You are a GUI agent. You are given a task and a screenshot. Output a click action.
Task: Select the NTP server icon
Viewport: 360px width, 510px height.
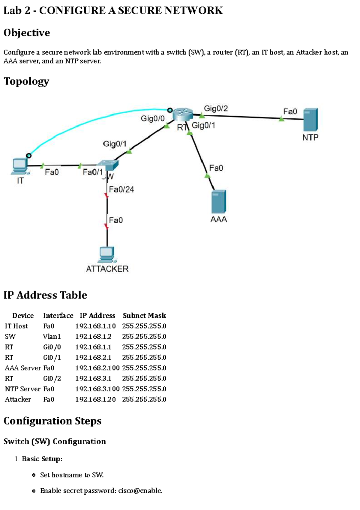coord(310,120)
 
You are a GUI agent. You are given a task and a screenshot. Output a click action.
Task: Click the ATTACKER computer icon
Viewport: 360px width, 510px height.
coord(107,255)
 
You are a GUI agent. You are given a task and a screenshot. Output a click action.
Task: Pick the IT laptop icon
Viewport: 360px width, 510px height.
coord(20,166)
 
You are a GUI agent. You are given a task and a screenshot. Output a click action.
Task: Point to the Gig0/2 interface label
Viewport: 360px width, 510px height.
coord(216,108)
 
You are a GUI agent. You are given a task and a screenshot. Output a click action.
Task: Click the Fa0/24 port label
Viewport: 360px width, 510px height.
coord(121,189)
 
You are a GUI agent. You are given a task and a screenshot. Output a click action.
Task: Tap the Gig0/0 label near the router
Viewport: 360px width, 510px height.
coord(153,118)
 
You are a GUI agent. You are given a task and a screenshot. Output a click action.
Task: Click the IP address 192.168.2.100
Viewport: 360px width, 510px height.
coord(97,368)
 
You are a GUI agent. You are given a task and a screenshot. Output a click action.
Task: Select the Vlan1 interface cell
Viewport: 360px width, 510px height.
coord(52,336)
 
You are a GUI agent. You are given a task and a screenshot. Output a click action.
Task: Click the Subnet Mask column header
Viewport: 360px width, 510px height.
coord(144,315)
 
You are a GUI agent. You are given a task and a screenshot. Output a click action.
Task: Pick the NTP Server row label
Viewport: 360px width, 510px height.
coord(22,389)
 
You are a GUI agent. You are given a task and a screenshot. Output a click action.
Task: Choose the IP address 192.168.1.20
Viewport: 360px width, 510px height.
coord(95,399)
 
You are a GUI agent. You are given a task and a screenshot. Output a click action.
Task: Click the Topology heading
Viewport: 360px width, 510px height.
coord(26,81)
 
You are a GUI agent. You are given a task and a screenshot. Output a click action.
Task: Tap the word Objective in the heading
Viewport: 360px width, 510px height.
coord(27,33)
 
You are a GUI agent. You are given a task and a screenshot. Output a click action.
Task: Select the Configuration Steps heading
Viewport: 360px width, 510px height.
coord(52,421)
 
